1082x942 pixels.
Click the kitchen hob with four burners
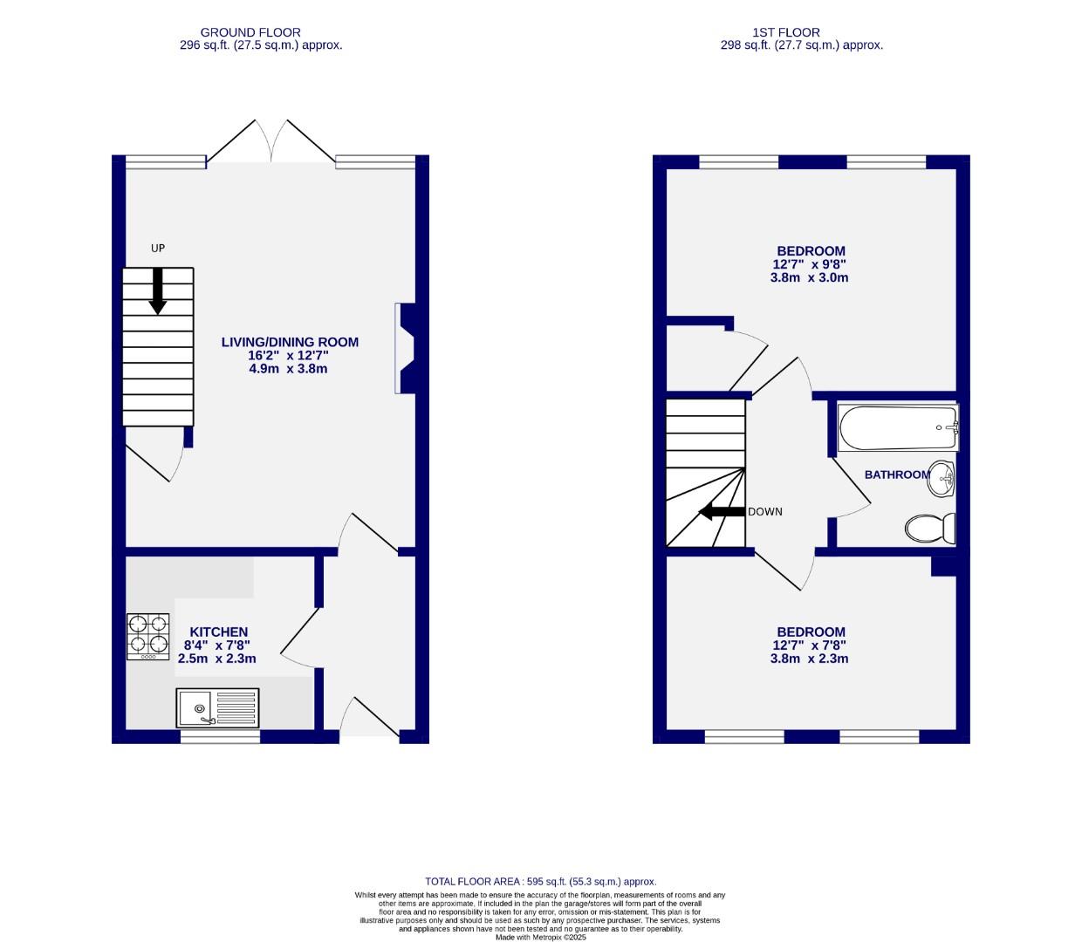click(148, 636)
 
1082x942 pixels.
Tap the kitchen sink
click(218, 707)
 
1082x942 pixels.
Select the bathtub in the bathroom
click(898, 428)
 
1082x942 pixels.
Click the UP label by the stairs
click(158, 249)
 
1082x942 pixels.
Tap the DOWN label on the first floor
click(765, 512)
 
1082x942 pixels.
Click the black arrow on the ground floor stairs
click(158, 290)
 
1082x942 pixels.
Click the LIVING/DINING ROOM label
click(290, 343)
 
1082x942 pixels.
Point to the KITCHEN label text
click(219, 632)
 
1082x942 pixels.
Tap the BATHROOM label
click(897, 474)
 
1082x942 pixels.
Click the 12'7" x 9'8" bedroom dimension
click(810, 264)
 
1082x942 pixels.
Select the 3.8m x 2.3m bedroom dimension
click(810, 659)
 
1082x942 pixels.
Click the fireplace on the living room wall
click(406, 348)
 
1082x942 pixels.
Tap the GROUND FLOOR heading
click(250, 32)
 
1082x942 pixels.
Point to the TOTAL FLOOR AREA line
click(540, 882)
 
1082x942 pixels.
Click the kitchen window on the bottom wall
click(220, 737)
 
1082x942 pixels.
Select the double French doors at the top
click(270, 142)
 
